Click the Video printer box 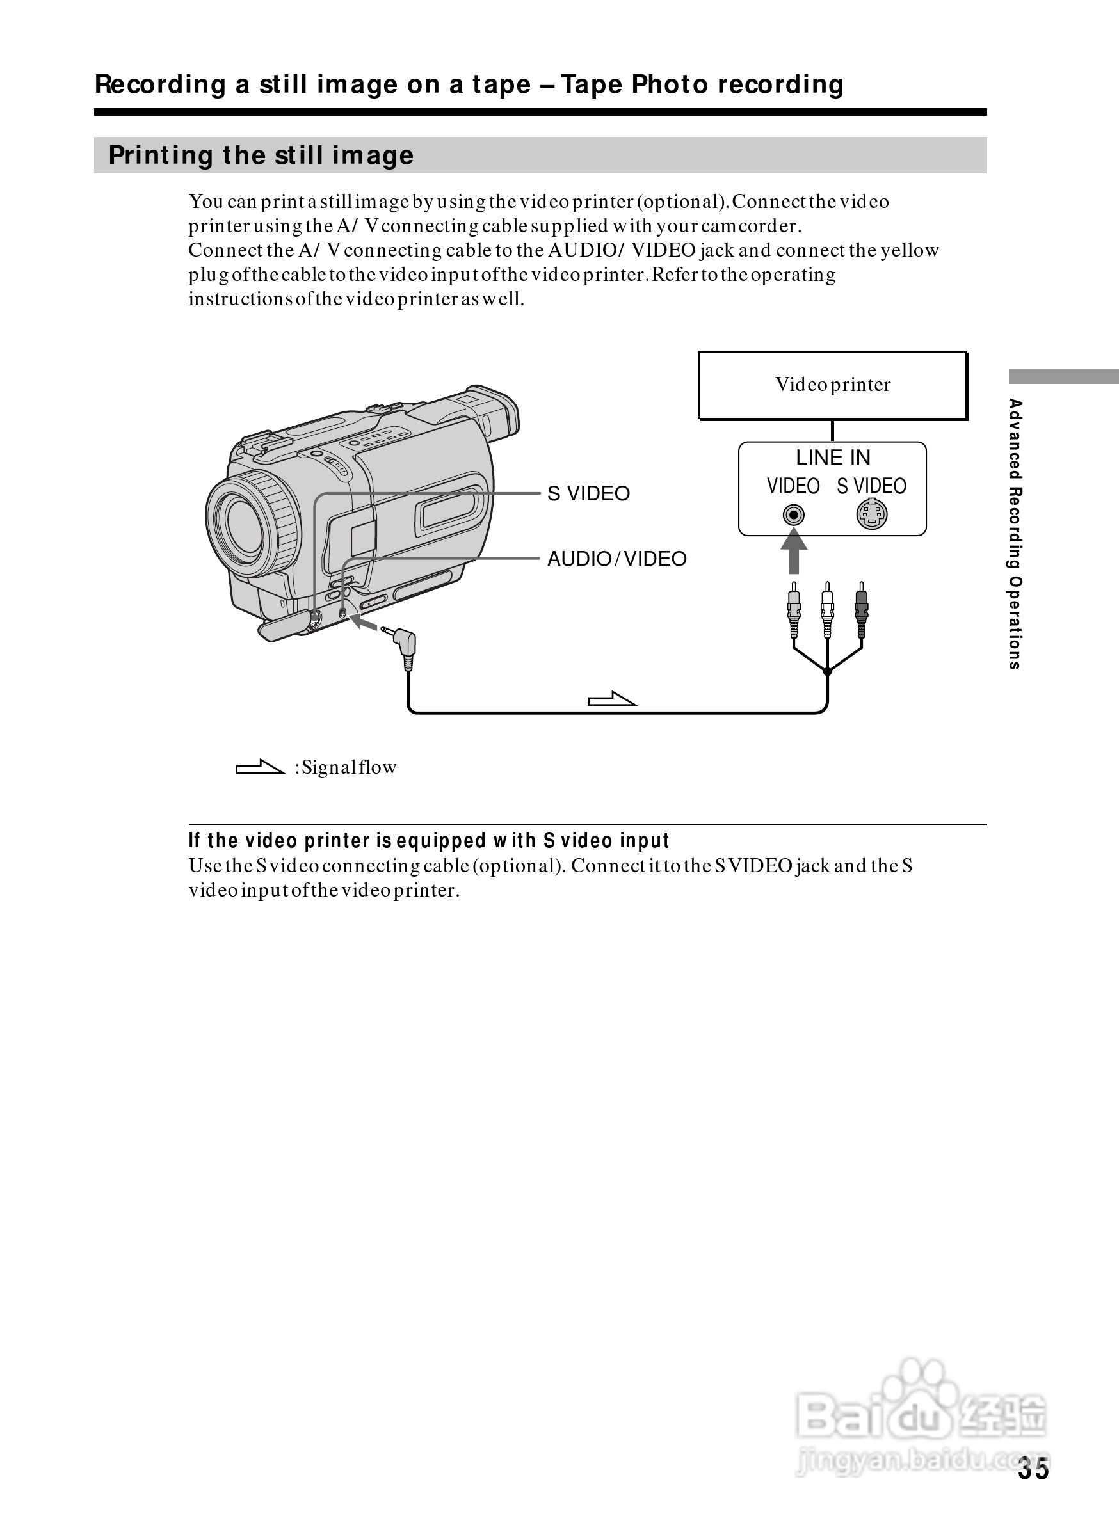pos(832,385)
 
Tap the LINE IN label pos(832,458)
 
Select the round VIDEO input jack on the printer pos(793,515)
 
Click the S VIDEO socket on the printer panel pos(872,514)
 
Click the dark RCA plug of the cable pos(861,609)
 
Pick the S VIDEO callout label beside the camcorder pos(588,493)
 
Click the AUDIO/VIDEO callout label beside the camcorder pos(616,559)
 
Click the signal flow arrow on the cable pos(611,699)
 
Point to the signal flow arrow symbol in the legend pos(259,767)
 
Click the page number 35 pos(1033,1469)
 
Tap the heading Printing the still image pos(261,155)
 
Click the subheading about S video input pos(429,840)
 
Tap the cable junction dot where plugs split pos(827,672)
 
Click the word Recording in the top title pos(160,84)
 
